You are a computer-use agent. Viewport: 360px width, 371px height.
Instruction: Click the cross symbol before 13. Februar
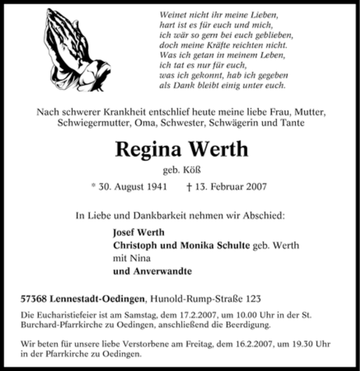[x=189, y=186]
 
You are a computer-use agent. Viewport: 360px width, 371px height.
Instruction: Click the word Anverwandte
[x=160, y=271]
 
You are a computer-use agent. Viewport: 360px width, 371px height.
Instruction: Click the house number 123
[x=252, y=298]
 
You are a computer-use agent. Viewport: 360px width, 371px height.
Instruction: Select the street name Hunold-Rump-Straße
[x=197, y=298]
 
